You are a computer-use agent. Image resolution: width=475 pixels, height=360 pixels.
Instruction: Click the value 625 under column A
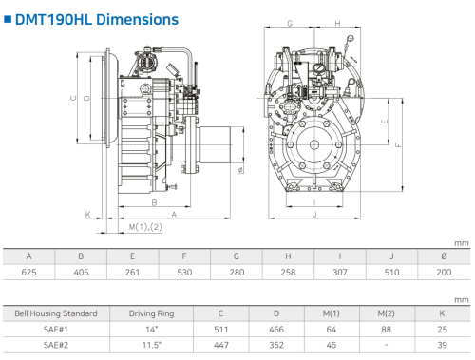(28, 273)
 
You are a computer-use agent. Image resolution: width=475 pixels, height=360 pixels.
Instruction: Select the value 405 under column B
(81, 273)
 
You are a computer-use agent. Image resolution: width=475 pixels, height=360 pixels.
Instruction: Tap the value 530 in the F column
(184, 273)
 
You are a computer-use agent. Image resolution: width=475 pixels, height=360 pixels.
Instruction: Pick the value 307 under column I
(340, 273)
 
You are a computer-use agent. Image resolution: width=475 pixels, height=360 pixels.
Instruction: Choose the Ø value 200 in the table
(444, 273)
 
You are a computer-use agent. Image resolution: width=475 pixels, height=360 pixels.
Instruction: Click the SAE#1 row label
(56, 330)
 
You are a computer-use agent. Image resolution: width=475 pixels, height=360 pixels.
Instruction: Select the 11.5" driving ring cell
(152, 345)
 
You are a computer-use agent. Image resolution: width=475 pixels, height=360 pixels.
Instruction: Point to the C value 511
(220, 330)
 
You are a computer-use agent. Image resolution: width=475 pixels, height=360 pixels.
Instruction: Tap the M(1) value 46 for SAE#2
(332, 345)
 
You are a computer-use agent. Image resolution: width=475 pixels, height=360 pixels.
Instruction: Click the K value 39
(442, 345)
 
